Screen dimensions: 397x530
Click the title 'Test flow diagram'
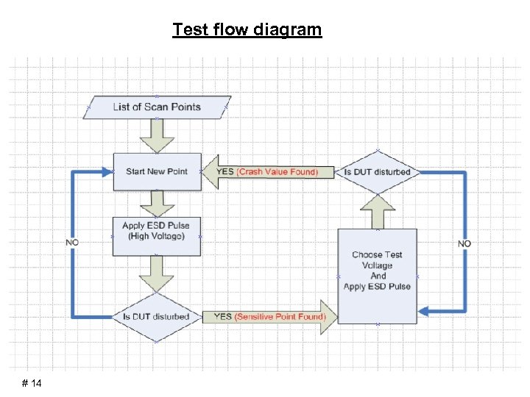coord(247,30)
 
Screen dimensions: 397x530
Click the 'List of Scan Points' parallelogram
coord(157,107)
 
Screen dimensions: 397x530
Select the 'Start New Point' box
coord(157,171)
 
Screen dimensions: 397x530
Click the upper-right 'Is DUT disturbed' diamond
coord(377,172)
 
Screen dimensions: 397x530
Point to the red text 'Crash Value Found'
coord(277,172)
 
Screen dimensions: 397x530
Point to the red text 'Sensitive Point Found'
coord(279,317)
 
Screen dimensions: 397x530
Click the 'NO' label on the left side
coord(72,242)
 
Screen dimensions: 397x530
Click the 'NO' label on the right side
coord(464,243)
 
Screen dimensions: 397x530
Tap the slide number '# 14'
coord(32,384)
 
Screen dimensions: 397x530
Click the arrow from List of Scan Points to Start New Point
coord(157,135)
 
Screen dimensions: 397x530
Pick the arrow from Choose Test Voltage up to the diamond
coord(377,212)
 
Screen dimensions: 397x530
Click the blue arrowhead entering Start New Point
coord(107,171)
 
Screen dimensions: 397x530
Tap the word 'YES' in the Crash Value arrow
coord(225,172)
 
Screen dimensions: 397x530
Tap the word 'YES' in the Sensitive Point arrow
coord(222,317)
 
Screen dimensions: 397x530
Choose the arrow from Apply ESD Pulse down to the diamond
coord(157,273)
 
